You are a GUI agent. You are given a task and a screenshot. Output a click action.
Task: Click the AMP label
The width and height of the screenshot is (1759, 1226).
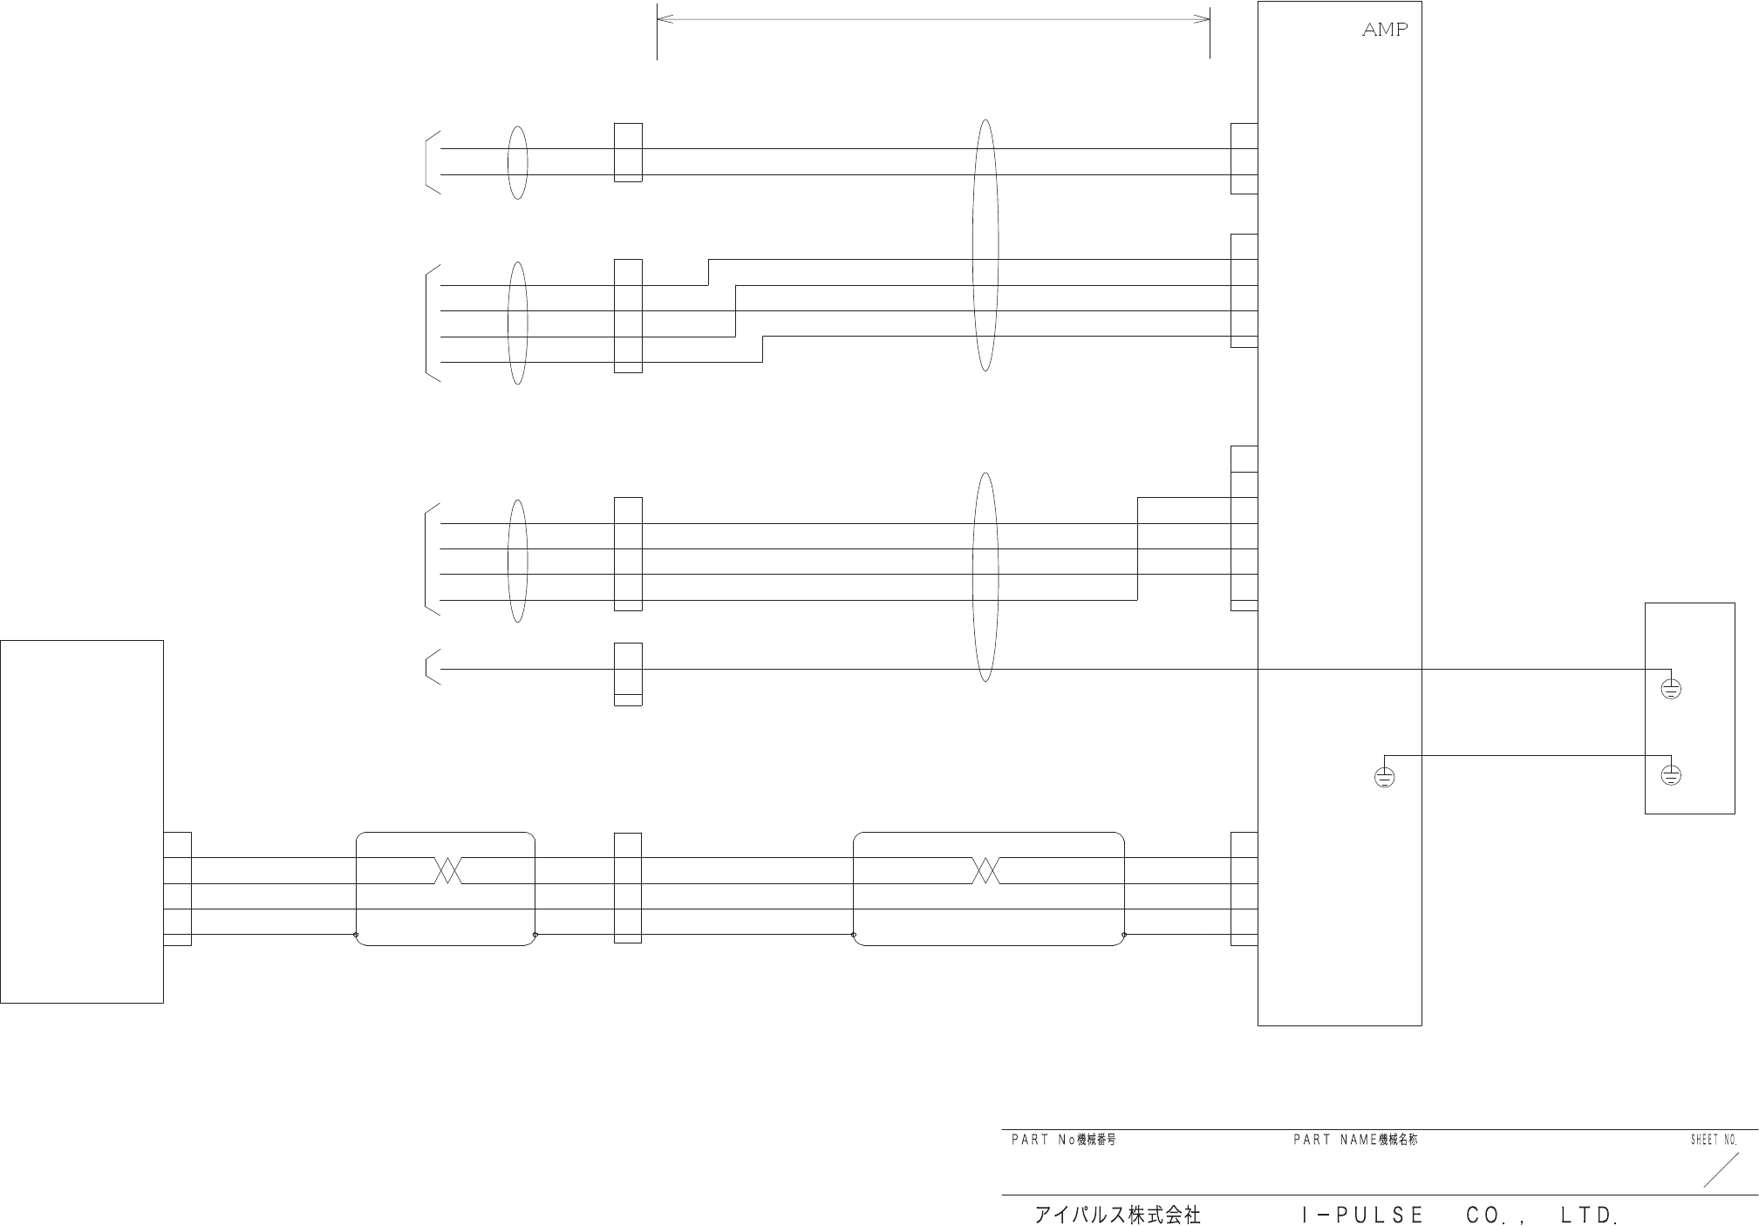[1385, 31]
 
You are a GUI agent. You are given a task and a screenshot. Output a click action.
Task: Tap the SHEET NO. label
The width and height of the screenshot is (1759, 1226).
[1714, 1141]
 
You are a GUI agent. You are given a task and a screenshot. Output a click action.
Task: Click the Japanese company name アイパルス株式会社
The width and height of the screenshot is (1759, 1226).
[1117, 1215]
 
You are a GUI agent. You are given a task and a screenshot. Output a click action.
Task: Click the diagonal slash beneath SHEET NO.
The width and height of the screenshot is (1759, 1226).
[1721, 1170]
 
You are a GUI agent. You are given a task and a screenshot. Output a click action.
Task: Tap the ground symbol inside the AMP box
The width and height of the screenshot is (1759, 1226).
[1384, 776]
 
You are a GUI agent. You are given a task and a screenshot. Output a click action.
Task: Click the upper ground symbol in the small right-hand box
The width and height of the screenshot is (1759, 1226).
[1670, 690]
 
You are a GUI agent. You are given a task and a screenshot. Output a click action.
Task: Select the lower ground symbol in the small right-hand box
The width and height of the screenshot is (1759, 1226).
[1670, 774]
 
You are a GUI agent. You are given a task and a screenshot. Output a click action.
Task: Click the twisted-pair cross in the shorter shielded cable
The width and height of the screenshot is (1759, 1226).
[447, 870]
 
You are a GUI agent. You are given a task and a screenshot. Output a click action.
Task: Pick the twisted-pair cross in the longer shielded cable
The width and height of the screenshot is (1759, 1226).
[985, 870]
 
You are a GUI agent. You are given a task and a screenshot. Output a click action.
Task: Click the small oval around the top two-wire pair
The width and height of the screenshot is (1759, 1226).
[517, 162]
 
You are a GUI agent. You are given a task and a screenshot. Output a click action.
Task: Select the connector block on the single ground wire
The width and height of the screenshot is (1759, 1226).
[628, 674]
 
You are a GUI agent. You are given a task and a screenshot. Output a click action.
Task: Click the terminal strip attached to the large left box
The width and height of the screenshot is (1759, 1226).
[177, 889]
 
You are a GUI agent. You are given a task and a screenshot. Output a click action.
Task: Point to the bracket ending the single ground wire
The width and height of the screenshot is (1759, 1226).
[431, 667]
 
